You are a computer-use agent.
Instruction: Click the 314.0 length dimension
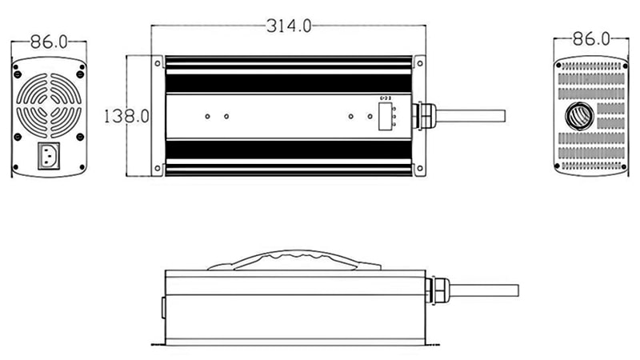click(289, 26)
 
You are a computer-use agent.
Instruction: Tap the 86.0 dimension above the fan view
click(48, 40)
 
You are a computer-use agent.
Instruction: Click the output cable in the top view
click(472, 115)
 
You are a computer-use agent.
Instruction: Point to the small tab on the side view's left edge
click(162, 306)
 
